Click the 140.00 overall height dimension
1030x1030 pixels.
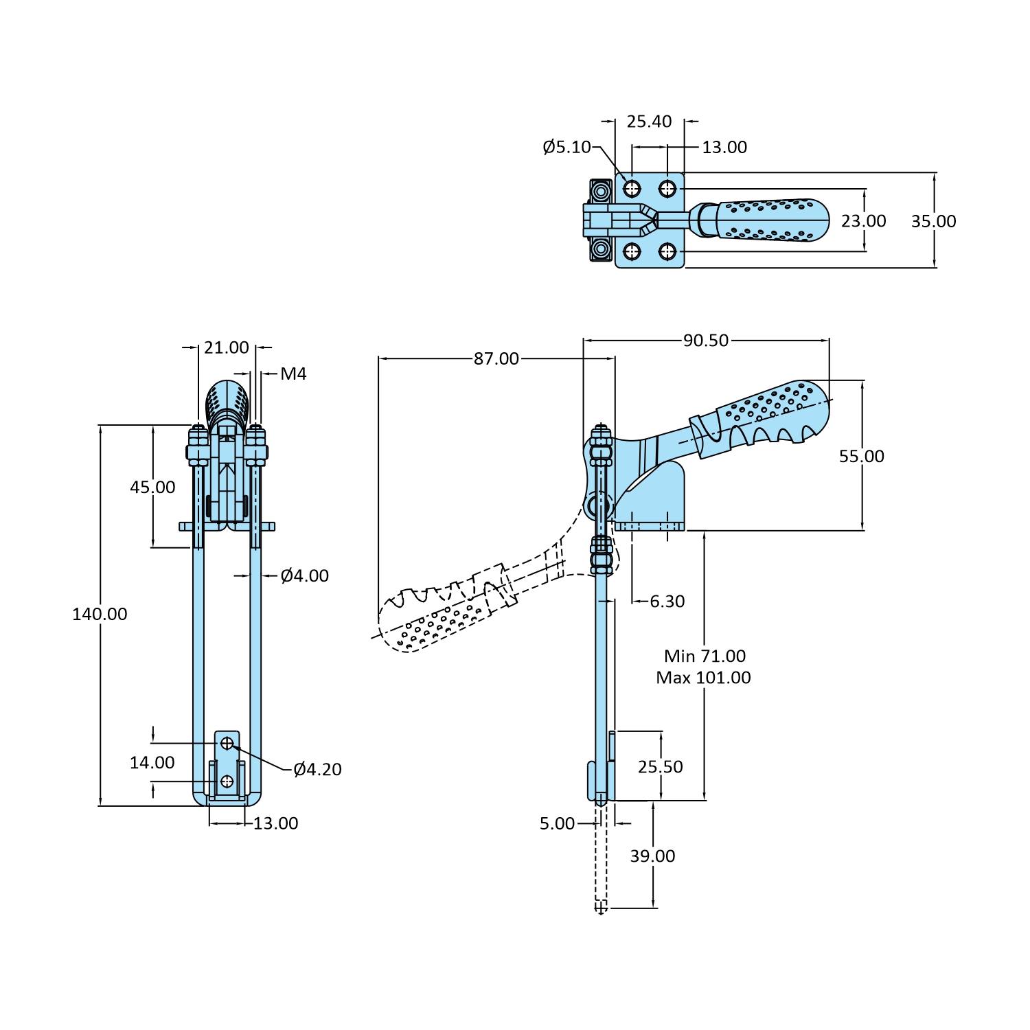(100, 614)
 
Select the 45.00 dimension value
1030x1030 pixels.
(152, 487)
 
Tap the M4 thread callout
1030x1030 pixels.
(293, 374)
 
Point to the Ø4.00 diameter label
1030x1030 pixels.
(304, 575)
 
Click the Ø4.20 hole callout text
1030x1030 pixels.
(317, 769)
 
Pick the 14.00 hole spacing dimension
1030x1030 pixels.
(152, 762)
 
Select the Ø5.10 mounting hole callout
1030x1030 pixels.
(566, 147)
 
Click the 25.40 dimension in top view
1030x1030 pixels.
(649, 122)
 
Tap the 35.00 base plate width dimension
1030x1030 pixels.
(933, 221)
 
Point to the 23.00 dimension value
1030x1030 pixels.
(863, 221)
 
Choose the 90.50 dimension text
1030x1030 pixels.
(705, 340)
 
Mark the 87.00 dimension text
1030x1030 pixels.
(496, 358)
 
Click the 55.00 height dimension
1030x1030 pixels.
(861, 456)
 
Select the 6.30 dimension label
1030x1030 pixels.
(667, 602)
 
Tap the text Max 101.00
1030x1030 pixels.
(703, 678)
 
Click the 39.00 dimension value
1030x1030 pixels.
(652, 856)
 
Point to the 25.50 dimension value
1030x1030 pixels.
(660, 766)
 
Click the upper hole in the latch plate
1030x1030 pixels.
(227, 742)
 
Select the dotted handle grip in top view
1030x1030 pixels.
(769, 220)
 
